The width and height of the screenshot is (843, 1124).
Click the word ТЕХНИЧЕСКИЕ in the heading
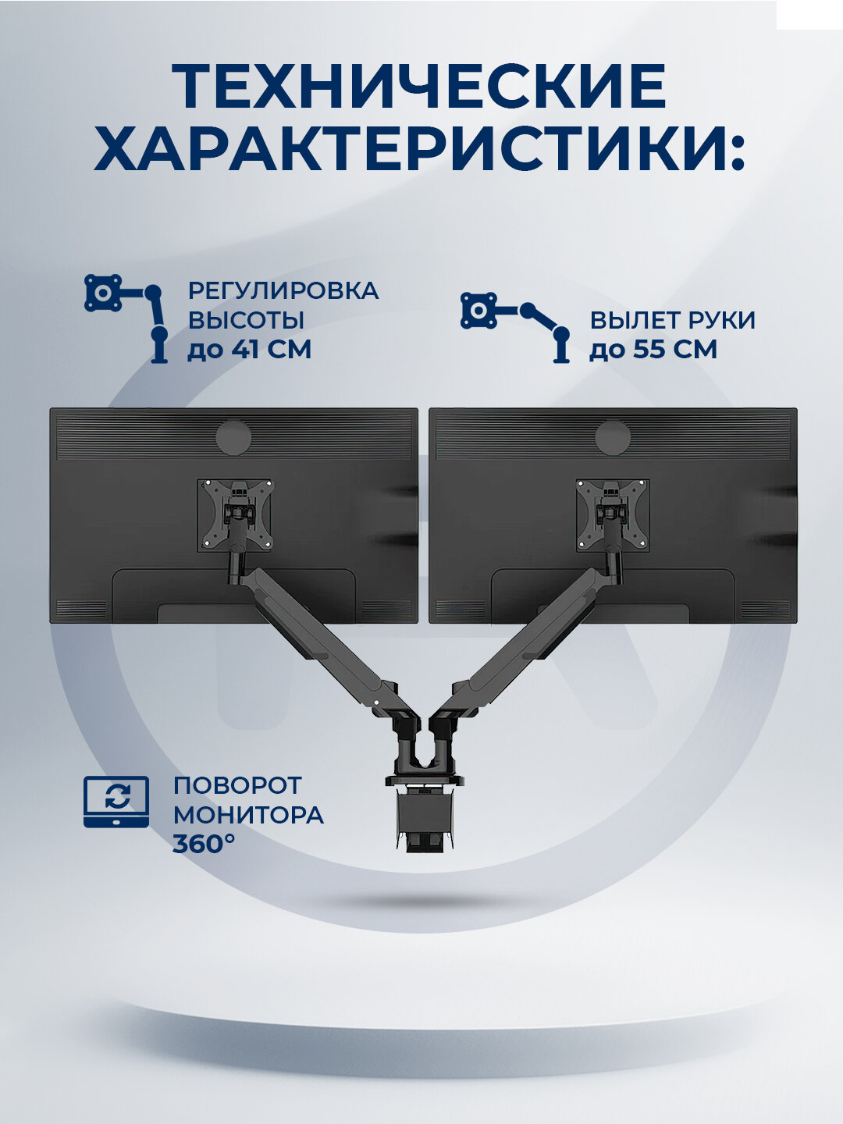pos(419,86)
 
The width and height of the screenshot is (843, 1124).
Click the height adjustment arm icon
pos(127,317)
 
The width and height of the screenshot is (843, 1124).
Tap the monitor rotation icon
pos(116,801)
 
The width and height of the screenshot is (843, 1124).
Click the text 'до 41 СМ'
pos(249,349)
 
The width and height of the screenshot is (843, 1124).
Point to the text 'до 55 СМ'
pos(653,349)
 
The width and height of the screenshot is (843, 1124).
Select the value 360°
pos(204,844)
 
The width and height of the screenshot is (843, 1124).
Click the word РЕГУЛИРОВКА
pos(283,290)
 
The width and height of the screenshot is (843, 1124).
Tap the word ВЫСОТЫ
pos(245,320)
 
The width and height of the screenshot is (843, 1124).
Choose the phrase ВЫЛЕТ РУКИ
pos(672,320)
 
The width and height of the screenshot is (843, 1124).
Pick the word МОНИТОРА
pos(248,815)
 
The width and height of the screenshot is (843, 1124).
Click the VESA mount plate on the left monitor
pos(235,515)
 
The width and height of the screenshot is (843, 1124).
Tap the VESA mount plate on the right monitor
pos(614,515)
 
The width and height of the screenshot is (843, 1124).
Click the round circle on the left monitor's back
pos(234,436)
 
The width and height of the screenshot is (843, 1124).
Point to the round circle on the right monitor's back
pos(613,436)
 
